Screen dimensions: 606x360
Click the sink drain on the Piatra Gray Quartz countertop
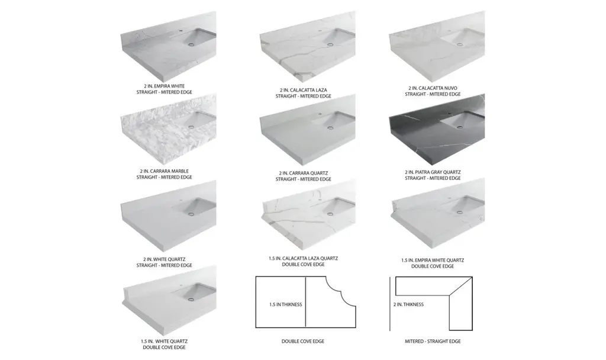(459, 127)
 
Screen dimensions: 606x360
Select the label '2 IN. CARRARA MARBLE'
(165, 171)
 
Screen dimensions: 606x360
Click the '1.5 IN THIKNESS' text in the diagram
(286, 304)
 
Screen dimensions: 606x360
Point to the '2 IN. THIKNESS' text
(408, 304)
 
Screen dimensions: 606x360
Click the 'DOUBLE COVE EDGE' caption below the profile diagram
(303, 341)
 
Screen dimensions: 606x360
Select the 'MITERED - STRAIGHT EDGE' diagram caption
(433, 341)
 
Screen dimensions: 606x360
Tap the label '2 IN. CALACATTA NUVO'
(433, 88)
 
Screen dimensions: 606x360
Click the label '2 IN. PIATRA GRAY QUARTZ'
(433, 172)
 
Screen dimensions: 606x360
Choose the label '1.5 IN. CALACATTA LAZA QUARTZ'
(304, 258)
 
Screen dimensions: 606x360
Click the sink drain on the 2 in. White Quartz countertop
(190, 213)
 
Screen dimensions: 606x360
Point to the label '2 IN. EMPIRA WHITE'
(165, 86)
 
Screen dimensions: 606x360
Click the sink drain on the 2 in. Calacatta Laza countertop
(330, 44)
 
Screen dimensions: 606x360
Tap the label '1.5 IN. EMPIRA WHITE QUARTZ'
(433, 261)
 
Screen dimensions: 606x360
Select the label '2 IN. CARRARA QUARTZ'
(304, 173)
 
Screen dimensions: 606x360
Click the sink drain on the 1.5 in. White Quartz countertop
(190, 299)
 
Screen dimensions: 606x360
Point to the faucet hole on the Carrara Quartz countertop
(320, 114)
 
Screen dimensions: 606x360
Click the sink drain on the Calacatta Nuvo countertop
(459, 44)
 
